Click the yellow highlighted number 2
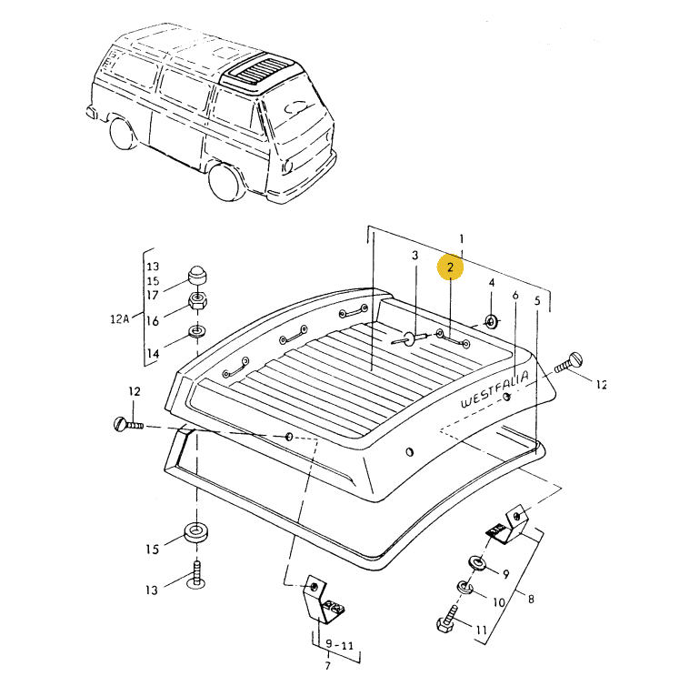click(450, 267)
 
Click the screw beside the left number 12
click(127, 423)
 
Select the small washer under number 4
click(491, 321)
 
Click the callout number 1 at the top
click(461, 238)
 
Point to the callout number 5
click(537, 300)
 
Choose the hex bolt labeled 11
click(450, 623)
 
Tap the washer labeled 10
click(464, 588)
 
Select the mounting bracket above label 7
click(323, 600)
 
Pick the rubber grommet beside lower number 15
click(195, 532)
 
